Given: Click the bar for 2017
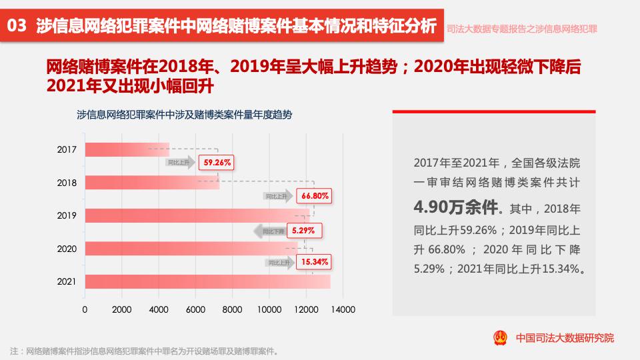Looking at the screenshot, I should (127, 150).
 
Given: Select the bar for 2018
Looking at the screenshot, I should (152, 183).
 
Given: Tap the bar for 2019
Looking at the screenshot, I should (197, 215).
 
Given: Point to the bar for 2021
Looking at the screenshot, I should (207, 281).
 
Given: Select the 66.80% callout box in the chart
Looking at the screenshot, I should (315, 197).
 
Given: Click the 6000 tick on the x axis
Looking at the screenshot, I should (195, 309).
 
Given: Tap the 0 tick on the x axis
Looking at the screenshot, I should (85, 309).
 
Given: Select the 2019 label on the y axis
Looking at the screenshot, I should (67, 215).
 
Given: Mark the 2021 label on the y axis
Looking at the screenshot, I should (67, 281).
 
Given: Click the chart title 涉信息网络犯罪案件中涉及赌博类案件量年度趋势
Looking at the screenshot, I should (185, 115).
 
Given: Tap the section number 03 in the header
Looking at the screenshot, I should (17, 27).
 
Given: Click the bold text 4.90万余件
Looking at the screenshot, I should (456, 207).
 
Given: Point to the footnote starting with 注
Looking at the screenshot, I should (144, 351).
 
